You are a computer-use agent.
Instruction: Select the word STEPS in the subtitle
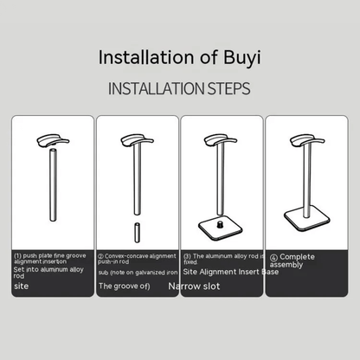click(x=226, y=88)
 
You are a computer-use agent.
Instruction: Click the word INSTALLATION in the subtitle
click(x=155, y=88)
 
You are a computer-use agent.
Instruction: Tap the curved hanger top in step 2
click(x=133, y=141)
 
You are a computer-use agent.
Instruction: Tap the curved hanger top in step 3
click(x=216, y=140)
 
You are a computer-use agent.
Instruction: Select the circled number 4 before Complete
click(x=273, y=257)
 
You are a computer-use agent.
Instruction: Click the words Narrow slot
click(x=195, y=285)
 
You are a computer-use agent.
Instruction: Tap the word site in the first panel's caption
click(x=21, y=284)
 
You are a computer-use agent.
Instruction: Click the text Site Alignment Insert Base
click(x=223, y=271)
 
